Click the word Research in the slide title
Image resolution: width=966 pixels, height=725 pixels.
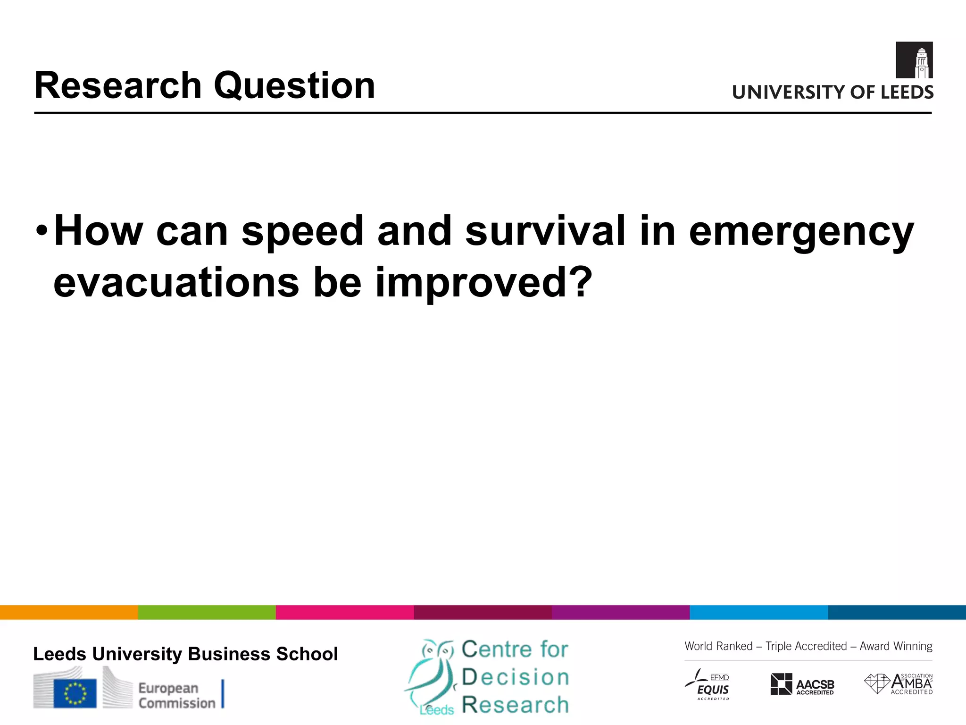click(x=118, y=85)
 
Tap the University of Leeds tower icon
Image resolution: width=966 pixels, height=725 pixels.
click(x=914, y=60)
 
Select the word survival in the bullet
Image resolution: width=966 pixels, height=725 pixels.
click(x=545, y=231)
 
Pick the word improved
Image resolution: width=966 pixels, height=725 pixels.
click(x=483, y=283)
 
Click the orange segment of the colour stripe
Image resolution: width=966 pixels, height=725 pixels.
click(x=69, y=612)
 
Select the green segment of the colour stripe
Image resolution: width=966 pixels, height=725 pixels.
click(x=207, y=612)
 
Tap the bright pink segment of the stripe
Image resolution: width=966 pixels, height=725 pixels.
click(x=345, y=612)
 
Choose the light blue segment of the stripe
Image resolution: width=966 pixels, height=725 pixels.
click(x=758, y=612)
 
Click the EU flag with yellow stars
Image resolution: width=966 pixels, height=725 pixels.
click(x=75, y=693)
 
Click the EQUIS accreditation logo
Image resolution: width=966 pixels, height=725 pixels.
click(x=708, y=684)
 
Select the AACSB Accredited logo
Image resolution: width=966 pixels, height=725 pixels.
click(x=802, y=684)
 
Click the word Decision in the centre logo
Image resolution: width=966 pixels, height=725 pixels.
click(x=515, y=677)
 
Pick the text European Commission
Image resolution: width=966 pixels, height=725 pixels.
click(x=176, y=695)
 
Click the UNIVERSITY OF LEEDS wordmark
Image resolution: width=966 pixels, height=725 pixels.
click(x=833, y=92)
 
